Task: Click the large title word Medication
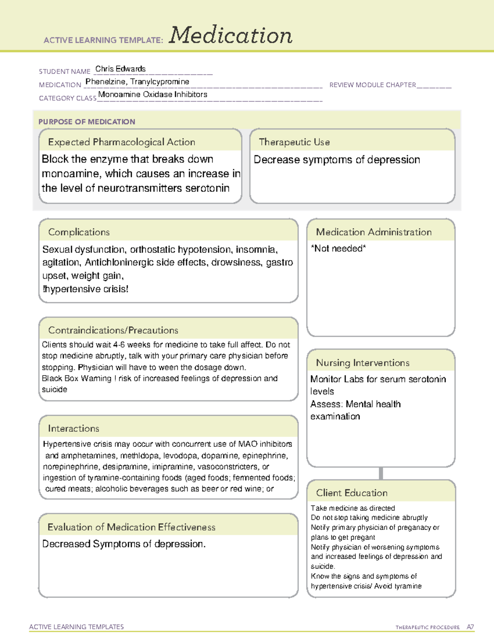pos(231,35)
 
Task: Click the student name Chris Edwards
pos(120,69)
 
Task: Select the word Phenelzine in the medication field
pos(105,81)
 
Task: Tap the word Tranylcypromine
pos(160,81)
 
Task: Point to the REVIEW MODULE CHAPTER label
pos(373,85)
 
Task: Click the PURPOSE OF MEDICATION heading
pos(86,122)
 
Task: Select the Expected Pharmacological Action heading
pos(121,142)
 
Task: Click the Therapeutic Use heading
pos(294,142)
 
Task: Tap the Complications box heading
pos(79,232)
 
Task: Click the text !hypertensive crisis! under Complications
pos(86,289)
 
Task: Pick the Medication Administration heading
pos(374,232)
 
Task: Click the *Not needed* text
pos(338,248)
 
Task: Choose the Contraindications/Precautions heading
pos(113,330)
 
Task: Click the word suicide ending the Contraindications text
pos(54,389)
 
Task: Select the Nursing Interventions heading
pos(363,362)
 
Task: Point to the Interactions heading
pos(74,428)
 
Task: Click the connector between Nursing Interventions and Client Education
pos(381,473)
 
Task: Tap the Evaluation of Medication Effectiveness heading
pos(131,527)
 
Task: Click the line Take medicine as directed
pos(353,508)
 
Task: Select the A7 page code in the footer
pos(470,627)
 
